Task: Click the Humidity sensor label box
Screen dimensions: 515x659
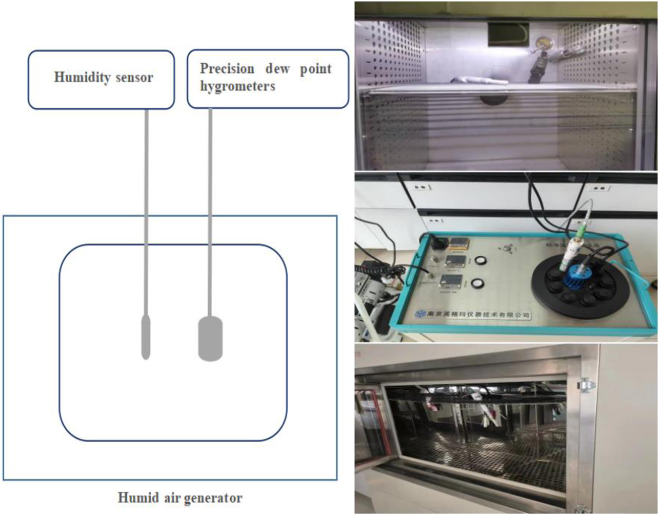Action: (x=101, y=79)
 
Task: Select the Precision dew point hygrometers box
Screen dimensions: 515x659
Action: (x=268, y=79)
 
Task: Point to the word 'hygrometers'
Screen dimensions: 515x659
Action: (x=237, y=87)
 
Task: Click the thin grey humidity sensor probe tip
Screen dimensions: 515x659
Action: (x=146, y=337)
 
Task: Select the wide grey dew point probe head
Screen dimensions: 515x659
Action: (x=210, y=339)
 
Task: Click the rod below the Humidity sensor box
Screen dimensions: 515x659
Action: (x=147, y=209)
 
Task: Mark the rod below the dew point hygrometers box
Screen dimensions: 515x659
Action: (x=210, y=209)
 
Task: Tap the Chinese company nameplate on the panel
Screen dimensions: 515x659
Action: (x=472, y=315)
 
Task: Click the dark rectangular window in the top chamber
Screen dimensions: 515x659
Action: (x=507, y=32)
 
